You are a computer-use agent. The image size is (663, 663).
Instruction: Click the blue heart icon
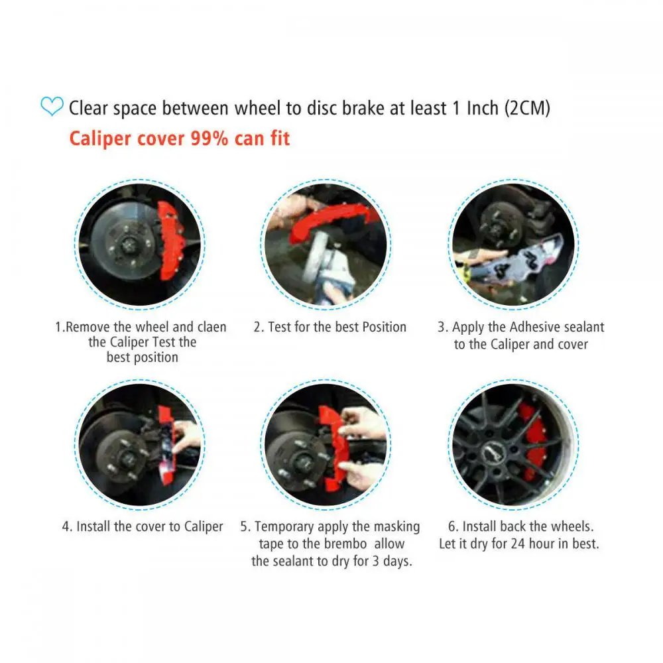52,106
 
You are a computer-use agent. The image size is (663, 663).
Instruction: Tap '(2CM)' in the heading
527,108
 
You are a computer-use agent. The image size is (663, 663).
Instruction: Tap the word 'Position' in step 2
385,327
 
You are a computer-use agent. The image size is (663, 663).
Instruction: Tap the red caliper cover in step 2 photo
329,220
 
